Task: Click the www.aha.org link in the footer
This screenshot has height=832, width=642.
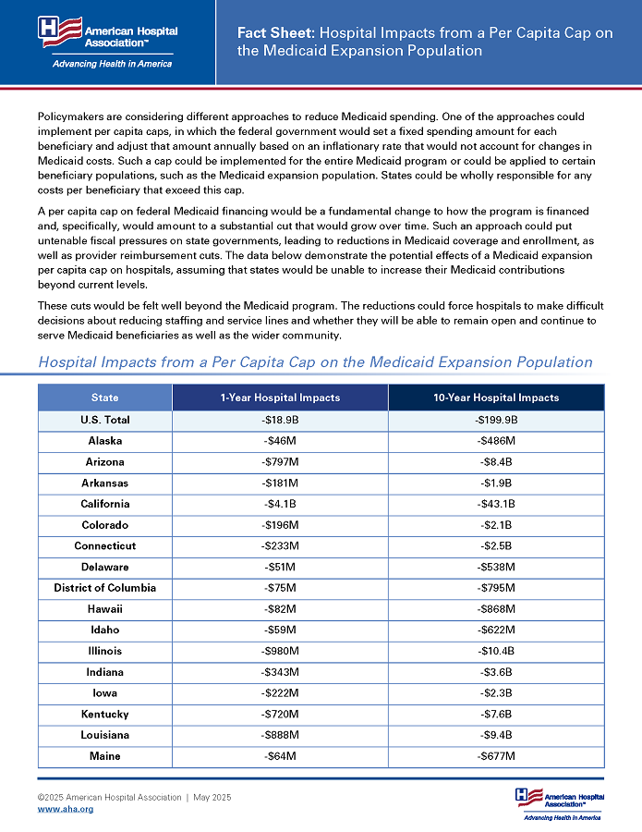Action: click(65, 809)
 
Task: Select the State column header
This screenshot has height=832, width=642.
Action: click(105, 398)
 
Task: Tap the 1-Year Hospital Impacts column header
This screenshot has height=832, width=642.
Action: click(280, 398)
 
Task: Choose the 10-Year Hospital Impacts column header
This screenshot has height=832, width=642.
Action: click(496, 398)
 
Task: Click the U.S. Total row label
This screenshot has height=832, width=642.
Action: click(105, 420)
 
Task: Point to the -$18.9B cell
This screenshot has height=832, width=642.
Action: click(280, 420)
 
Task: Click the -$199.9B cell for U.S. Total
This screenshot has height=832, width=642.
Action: click(496, 420)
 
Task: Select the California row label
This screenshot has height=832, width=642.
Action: click(105, 504)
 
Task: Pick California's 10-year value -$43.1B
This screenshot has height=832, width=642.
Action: click(496, 504)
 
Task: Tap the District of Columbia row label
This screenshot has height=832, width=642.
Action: click(105, 588)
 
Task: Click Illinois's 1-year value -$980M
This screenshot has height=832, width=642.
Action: click(280, 651)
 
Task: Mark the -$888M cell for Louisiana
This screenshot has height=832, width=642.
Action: click(280, 735)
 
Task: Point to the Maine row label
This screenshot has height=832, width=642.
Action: click(105, 756)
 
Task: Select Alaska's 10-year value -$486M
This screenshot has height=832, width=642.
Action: click(496, 441)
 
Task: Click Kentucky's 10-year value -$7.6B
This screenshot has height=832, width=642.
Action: click(496, 714)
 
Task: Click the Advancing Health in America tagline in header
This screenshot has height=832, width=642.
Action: click(112, 64)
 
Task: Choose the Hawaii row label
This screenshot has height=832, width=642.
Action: click(105, 609)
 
